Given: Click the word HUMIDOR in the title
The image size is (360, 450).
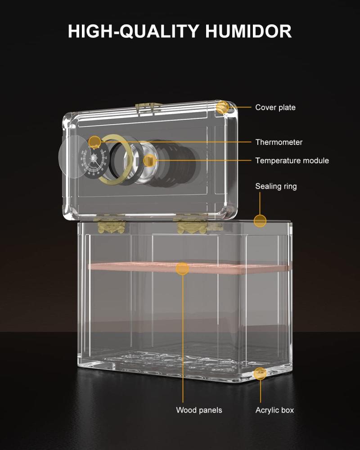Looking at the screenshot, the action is pos(248,31).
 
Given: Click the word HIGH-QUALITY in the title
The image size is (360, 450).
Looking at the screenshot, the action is pos(134,31).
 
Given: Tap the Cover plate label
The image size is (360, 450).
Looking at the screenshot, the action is pos(275,108).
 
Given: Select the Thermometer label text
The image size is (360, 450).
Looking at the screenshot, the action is pos(279,142).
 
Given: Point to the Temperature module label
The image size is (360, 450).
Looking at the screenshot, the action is pos(292,161).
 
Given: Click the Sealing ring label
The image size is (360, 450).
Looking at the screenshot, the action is pos(276,186).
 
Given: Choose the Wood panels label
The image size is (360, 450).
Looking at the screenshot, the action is pos(199,410).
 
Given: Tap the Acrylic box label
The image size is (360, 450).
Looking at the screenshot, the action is pos(275,410).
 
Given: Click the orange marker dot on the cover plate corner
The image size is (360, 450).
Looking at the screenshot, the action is pos(222,108).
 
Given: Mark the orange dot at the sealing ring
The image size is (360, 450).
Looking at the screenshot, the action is pos(260,221).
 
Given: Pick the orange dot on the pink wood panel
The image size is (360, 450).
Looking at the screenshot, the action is pos(182,269).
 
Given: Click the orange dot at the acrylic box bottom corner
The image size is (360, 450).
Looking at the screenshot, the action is pos(261,373).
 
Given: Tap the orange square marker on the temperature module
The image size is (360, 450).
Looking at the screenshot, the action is pos(148,160).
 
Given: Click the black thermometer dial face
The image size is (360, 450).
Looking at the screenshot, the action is pos(94,161).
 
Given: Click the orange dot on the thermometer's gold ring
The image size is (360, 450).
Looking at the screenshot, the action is pos(94,142).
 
